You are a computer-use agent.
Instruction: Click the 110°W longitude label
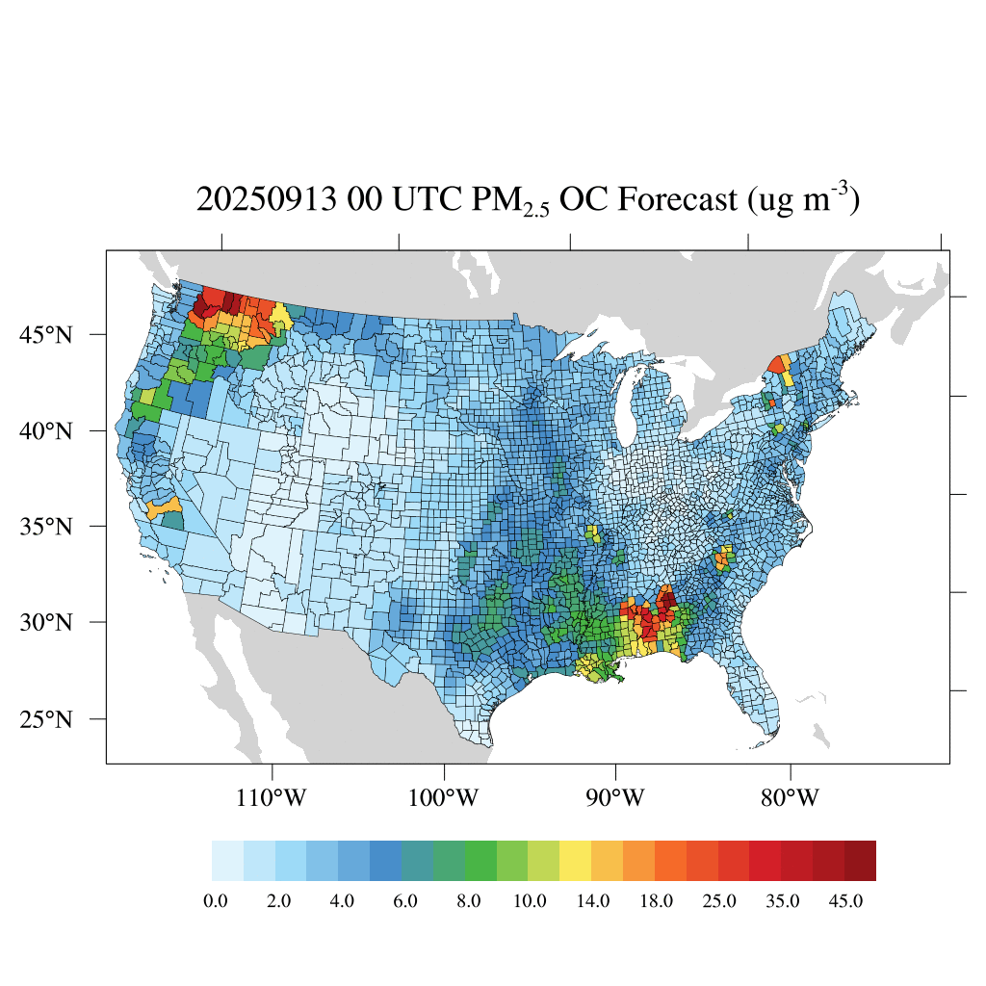point(273,798)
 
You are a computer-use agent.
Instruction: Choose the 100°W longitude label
point(445,798)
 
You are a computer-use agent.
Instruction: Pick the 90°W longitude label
point(615,798)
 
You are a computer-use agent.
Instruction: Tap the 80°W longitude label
point(791,798)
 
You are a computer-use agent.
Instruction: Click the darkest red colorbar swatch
point(860,860)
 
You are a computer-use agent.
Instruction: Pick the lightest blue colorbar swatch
point(227,860)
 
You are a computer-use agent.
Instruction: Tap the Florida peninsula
point(757,693)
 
